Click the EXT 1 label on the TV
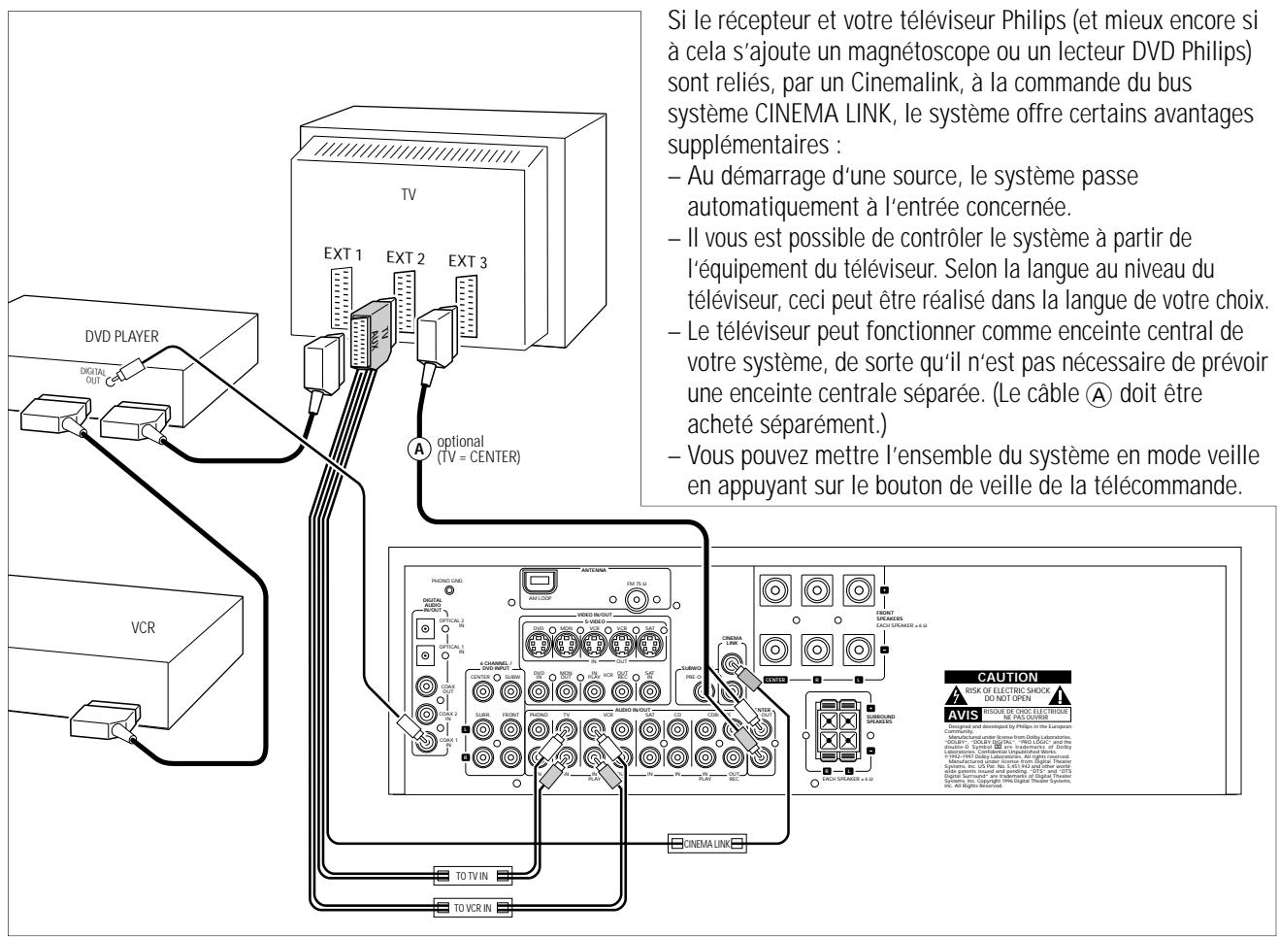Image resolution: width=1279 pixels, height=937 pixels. point(344,253)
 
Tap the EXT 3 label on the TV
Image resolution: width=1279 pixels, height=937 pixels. point(468,261)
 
